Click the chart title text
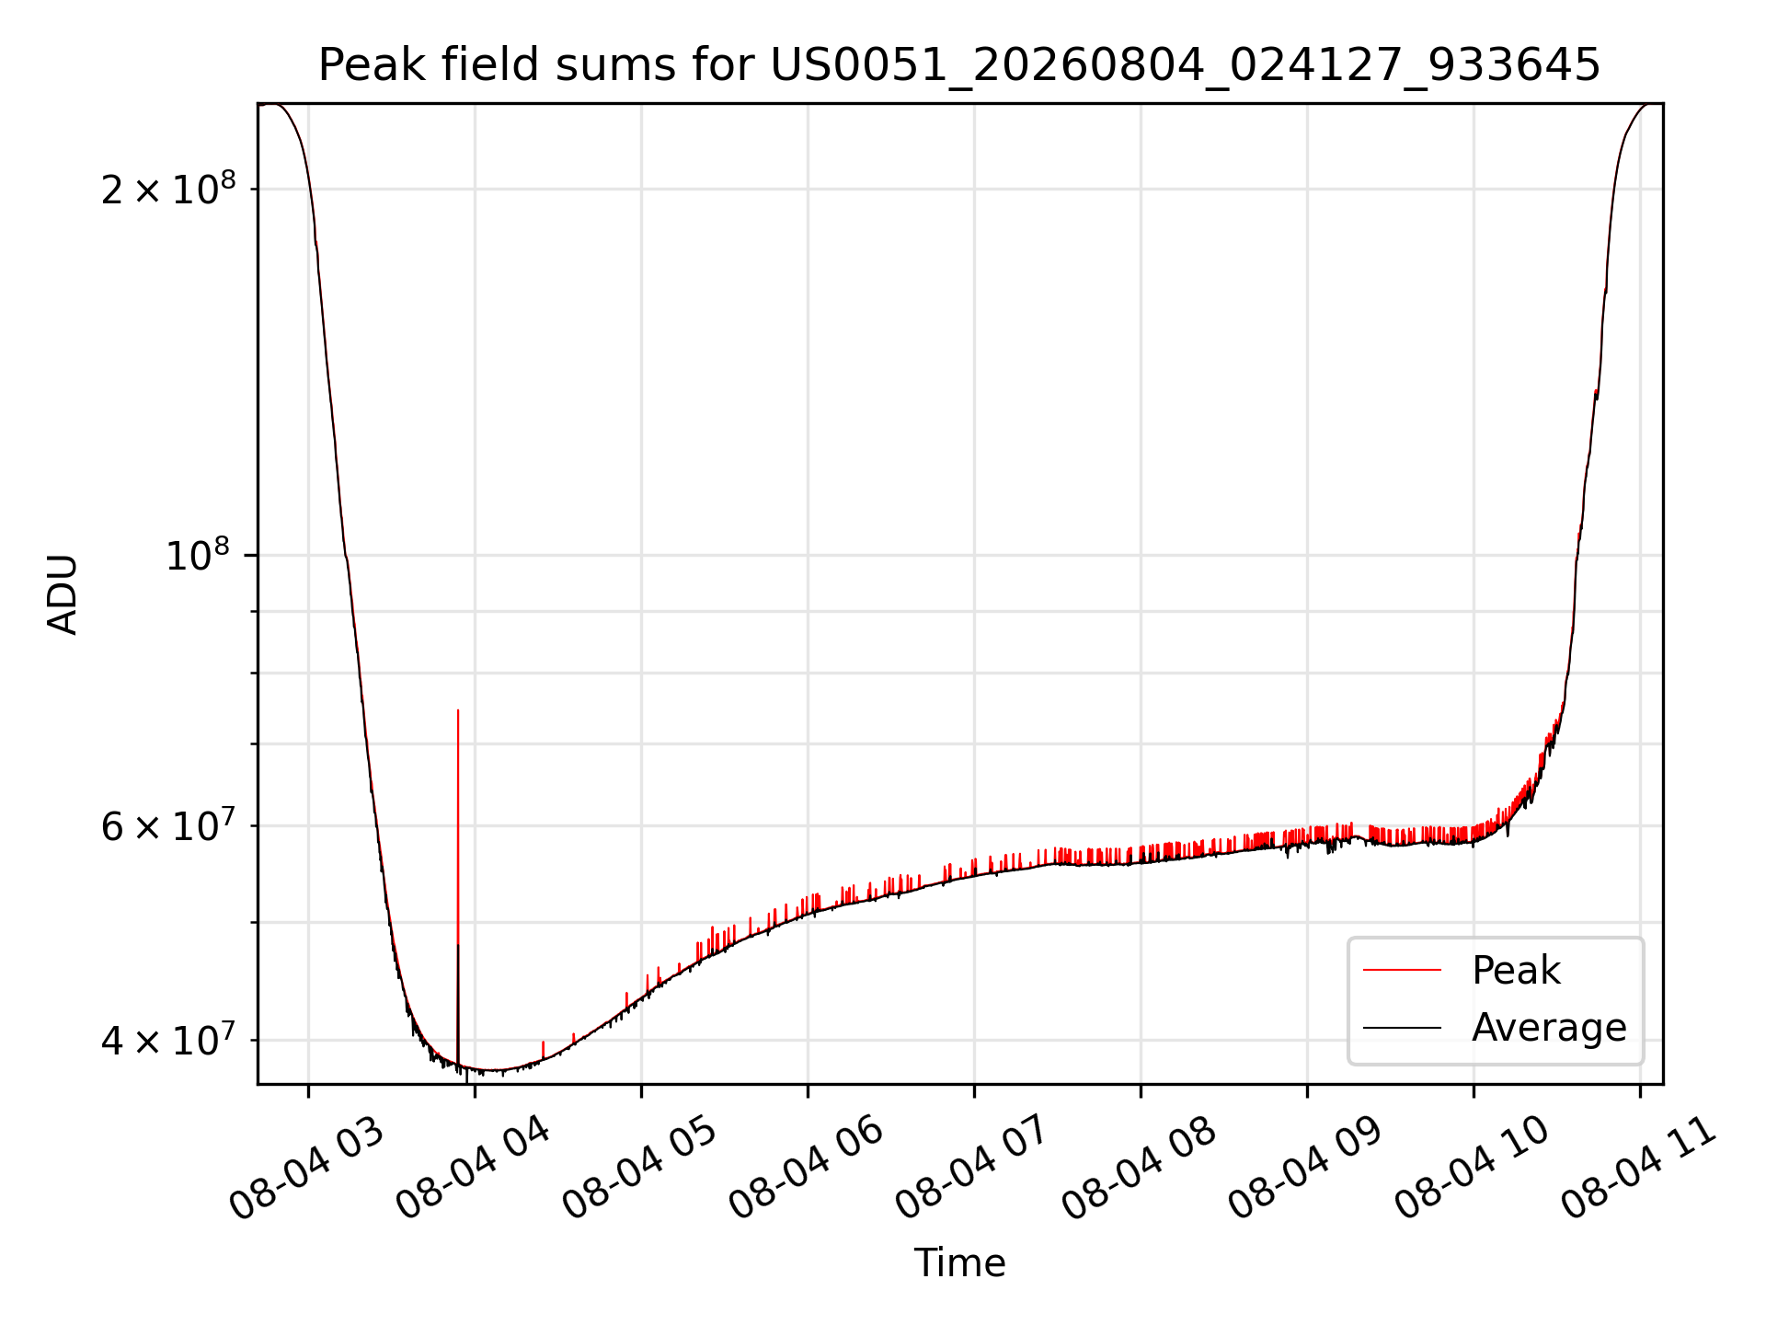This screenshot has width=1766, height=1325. tap(959, 65)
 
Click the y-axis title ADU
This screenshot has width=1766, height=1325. tap(63, 594)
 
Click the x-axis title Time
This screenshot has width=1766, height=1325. tap(959, 1262)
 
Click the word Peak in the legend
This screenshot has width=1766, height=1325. tap(1516, 970)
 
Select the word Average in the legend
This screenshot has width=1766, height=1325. tap(1549, 1028)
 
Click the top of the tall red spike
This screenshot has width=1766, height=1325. tap(458, 710)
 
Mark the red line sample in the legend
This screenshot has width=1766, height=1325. tap(1402, 970)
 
